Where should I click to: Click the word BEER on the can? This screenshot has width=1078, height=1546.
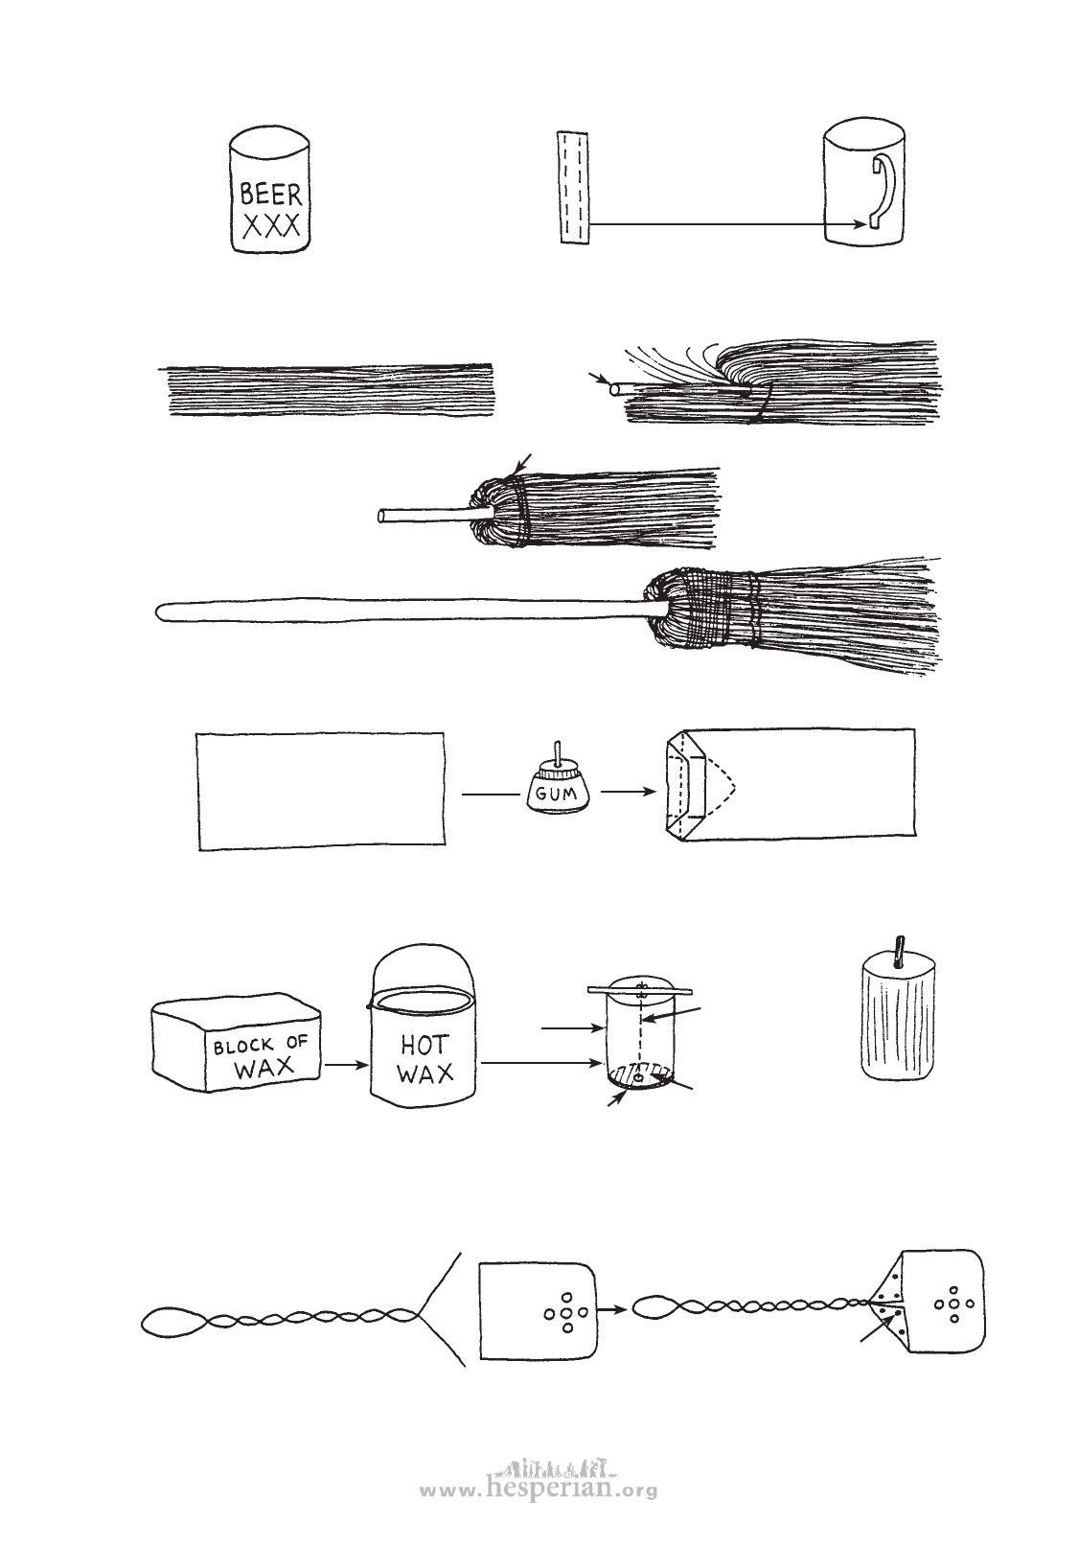point(270,194)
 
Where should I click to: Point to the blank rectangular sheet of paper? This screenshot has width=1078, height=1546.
point(322,791)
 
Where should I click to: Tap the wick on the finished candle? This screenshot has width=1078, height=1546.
point(899,953)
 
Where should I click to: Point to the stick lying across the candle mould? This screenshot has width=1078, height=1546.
point(640,991)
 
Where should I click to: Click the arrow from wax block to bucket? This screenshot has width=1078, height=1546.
point(347,1065)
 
